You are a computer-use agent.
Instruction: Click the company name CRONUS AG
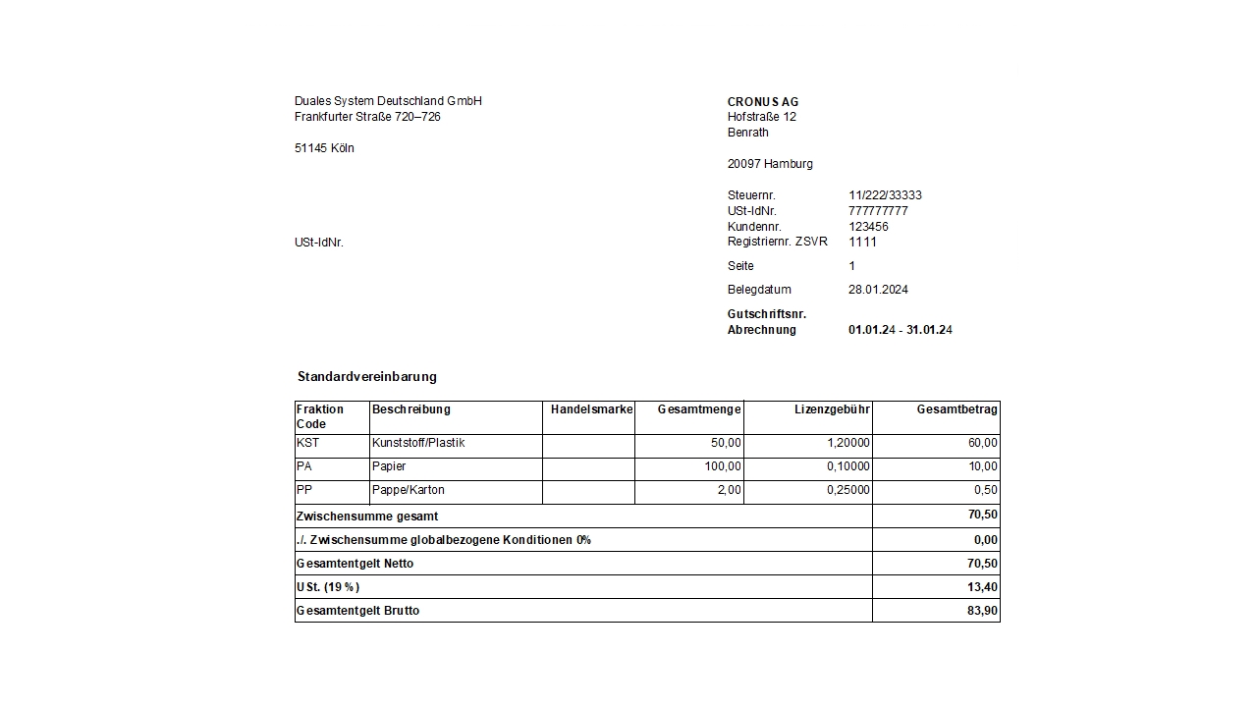[x=763, y=102]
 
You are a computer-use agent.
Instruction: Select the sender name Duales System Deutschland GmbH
[x=388, y=101]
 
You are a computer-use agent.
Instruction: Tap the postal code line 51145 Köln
[x=324, y=148]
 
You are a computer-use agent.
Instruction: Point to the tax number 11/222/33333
[x=885, y=195]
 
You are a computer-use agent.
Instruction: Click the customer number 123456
[x=868, y=227]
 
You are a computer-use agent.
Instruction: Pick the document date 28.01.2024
[x=878, y=290]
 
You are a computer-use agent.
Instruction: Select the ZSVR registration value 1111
[x=862, y=242]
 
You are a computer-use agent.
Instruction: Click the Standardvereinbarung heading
[x=367, y=376]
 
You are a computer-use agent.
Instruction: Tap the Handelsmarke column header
[x=591, y=409]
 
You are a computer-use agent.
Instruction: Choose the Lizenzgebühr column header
[x=832, y=409]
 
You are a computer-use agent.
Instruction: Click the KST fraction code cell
[x=307, y=443]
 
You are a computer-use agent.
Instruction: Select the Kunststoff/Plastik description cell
[x=418, y=443]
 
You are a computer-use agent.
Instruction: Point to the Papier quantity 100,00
[x=723, y=466]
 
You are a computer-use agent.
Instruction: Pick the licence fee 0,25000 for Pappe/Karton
[x=847, y=490]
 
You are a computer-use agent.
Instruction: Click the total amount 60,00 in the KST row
[x=982, y=443]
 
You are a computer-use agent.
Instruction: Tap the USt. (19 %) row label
[x=328, y=587]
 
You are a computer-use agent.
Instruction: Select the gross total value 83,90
[x=982, y=611]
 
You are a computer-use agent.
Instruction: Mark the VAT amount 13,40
[x=982, y=587]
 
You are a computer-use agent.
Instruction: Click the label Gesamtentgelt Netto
[x=355, y=564]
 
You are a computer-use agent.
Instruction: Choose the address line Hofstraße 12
[x=762, y=117]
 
